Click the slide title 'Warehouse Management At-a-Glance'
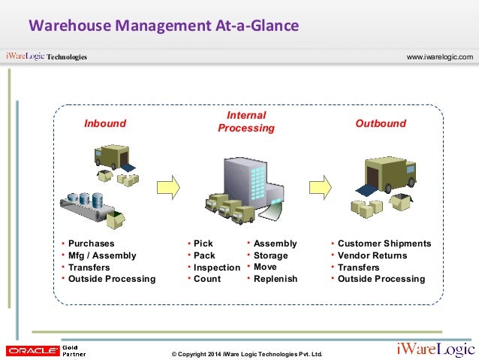point(164,26)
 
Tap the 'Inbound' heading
point(105,123)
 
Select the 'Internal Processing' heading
point(246,122)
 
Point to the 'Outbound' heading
point(381,123)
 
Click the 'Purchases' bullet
point(92,244)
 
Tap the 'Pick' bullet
point(203,244)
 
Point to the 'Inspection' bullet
point(216,268)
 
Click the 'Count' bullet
point(207,279)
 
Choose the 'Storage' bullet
point(270,256)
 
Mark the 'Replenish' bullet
point(276,279)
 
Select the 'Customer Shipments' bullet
point(384,244)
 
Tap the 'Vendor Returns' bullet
point(372,256)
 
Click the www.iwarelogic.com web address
point(439,57)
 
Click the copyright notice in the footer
point(246,353)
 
